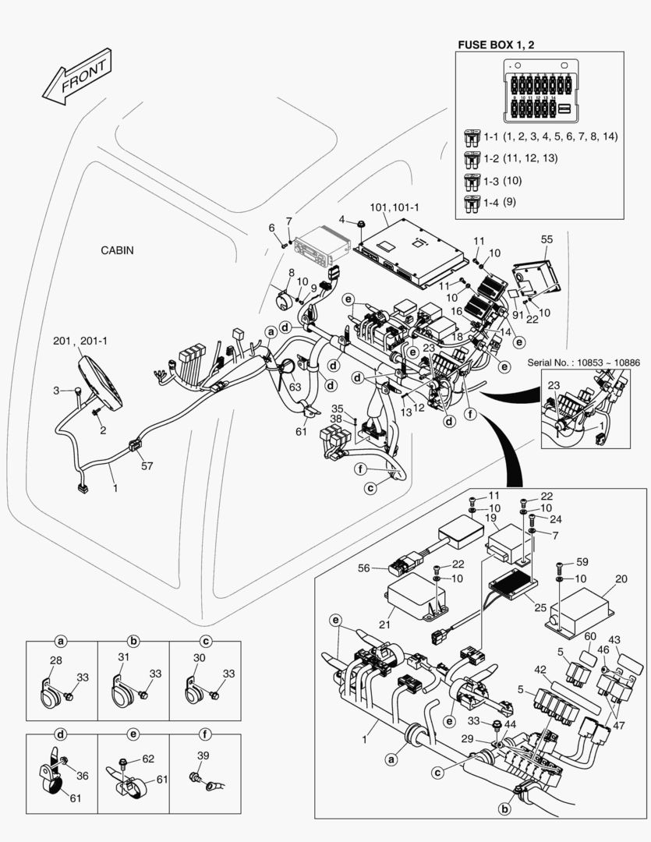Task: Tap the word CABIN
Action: pyautogui.click(x=117, y=250)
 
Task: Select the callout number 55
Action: pyautogui.click(x=547, y=239)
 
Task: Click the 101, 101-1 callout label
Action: pyautogui.click(x=394, y=208)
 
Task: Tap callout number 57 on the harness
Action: pyautogui.click(x=147, y=466)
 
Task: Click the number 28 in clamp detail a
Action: pyautogui.click(x=55, y=660)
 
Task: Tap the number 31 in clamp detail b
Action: pyautogui.click(x=123, y=657)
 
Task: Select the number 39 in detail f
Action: pyautogui.click(x=203, y=756)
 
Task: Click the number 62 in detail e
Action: pyautogui.click(x=148, y=757)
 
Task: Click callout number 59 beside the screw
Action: pyautogui.click(x=582, y=561)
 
